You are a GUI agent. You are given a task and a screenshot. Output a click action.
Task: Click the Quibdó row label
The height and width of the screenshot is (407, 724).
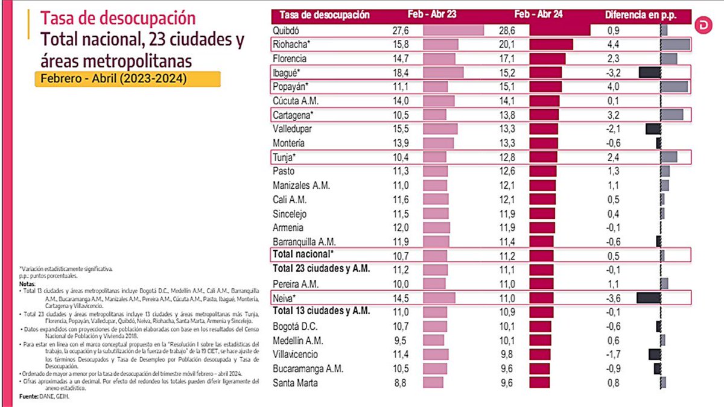pos(287,30)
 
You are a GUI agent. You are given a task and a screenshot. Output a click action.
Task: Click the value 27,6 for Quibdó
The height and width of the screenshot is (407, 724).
pos(401,30)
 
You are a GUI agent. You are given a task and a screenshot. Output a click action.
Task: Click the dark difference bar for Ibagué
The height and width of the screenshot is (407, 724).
pos(650,72)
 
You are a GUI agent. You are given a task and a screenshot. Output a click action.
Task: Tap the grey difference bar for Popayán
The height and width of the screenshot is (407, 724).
pos(675,87)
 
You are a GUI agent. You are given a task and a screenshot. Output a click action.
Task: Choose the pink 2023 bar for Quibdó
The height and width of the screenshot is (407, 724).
pos(454,30)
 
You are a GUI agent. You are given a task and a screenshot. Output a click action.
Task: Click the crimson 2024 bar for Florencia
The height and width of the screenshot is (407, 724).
pos(547,58)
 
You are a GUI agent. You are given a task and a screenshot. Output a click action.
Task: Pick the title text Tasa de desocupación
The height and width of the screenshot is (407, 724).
pos(118,18)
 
